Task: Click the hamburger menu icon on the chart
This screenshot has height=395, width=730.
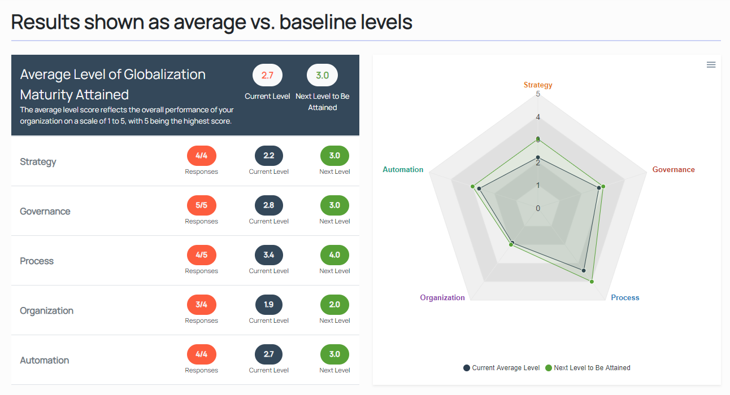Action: pyautogui.click(x=711, y=65)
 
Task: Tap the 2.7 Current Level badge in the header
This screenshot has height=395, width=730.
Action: pyautogui.click(x=267, y=76)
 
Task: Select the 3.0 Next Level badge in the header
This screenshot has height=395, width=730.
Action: pyautogui.click(x=322, y=76)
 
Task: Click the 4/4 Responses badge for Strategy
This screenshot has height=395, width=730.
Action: pyautogui.click(x=201, y=156)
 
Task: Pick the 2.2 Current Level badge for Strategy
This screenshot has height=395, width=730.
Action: pyautogui.click(x=269, y=156)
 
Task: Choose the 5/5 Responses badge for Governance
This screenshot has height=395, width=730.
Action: pyautogui.click(x=201, y=205)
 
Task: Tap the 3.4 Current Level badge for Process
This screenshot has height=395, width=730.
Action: pyautogui.click(x=269, y=255)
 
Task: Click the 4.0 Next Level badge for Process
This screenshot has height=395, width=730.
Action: pyautogui.click(x=334, y=255)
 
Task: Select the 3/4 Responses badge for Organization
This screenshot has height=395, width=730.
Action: pyautogui.click(x=201, y=305)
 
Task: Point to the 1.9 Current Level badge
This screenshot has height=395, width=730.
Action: pyautogui.click(x=269, y=305)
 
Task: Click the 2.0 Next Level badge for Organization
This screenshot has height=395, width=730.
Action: pyautogui.click(x=334, y=305)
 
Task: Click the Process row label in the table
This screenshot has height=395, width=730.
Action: pyautogui.click(x=37, y=261)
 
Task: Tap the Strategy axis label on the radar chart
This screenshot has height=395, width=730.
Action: pyautogui.click(x=538, y=85)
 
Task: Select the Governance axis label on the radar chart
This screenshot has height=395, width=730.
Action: pyautogui.click(x=673, y=170)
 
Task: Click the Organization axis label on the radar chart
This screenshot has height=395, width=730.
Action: pyautogui.click(x=442, y=298)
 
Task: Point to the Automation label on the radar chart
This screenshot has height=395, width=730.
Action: pyautogui.click(x=403, y=170)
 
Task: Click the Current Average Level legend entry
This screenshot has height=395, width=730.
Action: pyautogui.click(x=501, y=368)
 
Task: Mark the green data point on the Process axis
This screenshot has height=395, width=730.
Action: pyautogui.click(x=592, y=281)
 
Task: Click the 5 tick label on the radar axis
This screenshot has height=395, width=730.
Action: pyautogui.click(x=538, y=94)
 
